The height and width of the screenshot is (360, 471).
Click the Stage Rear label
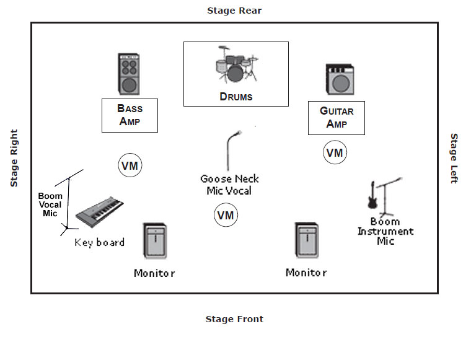coord(234,11)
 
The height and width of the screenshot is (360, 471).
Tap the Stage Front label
coord(234,319)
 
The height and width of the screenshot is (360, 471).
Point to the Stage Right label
coord(14,158)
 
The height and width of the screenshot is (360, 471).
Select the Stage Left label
coord(454,158)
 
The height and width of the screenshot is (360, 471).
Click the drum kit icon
coord(235,64)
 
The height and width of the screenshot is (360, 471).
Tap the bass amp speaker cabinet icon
coord(128,74)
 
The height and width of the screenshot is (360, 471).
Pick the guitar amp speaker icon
coord(339,79)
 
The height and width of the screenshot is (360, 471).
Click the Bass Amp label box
coord(130,115)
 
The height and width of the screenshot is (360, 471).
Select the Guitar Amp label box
coord(337,118)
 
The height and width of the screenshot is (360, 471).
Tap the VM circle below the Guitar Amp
coord(335,152)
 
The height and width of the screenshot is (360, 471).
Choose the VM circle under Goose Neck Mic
coord(226,215)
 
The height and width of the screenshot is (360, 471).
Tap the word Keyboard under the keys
coord(99,242)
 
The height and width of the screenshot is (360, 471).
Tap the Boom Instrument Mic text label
coord(385,231)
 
